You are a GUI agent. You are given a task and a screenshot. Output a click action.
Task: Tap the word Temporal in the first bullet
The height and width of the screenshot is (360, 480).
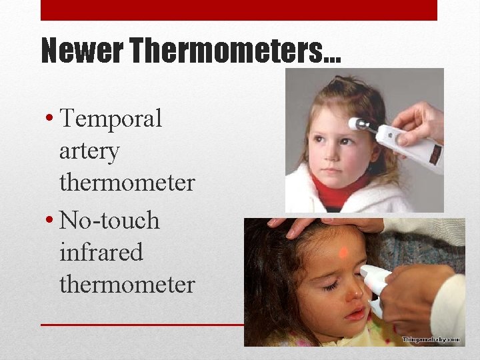[x=111, y=119]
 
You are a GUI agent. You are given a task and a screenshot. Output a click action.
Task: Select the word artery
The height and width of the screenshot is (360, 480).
[x=89, y=151]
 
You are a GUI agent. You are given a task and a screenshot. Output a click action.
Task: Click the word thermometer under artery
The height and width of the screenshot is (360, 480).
[x=127, y=182]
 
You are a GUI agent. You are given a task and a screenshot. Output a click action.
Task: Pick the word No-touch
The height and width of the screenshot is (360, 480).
[x=109, y=220]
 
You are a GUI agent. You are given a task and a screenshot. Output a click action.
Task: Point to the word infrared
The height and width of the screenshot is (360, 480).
[x=101, y=252]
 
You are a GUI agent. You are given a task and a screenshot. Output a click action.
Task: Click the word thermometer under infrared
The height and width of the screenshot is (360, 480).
[x=127, y=284]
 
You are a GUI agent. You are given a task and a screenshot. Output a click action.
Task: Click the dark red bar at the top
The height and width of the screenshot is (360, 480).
[x=239, y=10]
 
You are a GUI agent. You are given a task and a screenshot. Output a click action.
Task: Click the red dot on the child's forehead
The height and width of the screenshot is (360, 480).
[x=343, y=253]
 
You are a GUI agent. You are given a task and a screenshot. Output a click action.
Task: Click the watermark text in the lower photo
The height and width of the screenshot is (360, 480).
[x=431, y=339]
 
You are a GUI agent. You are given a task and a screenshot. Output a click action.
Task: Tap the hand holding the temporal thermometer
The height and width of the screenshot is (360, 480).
[x=420, y=120]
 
